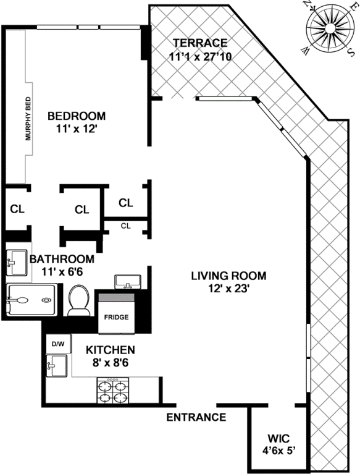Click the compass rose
coord(330,29)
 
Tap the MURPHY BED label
coord(28,119)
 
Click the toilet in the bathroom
coord(79,300)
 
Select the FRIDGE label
coord(116,317)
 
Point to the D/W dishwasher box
coord(59,344)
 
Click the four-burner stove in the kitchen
coord(112,391)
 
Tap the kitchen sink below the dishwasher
coord(56,365)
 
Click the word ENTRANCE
coord(196,417)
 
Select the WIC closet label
coord(278,438)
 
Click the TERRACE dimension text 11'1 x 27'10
coord(200,56)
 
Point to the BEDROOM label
coord(77,116)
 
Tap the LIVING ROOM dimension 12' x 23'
coord(228,289)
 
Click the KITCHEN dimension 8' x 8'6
coord(111,362)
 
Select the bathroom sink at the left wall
coord(17,263)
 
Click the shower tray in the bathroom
coord(31,300)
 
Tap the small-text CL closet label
coord(125,226)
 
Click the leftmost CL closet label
coord(17,209)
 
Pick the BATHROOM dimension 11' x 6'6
coord(62,272)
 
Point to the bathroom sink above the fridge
coord(128,282)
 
